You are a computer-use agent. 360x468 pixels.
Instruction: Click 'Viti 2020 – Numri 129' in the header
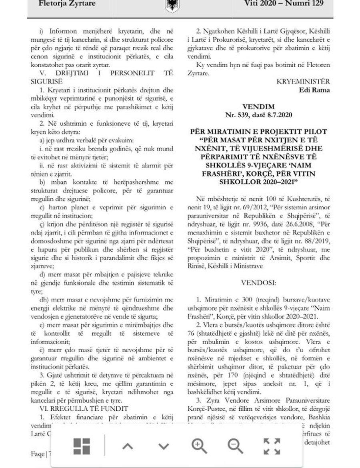(284, 4)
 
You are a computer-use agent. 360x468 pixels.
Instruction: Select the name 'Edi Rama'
(315, 90)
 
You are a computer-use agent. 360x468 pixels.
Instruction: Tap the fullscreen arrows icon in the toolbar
(272, 446)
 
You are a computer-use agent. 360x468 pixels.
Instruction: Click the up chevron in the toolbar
(127, 446)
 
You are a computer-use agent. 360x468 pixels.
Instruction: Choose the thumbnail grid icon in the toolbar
(82, 446)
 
